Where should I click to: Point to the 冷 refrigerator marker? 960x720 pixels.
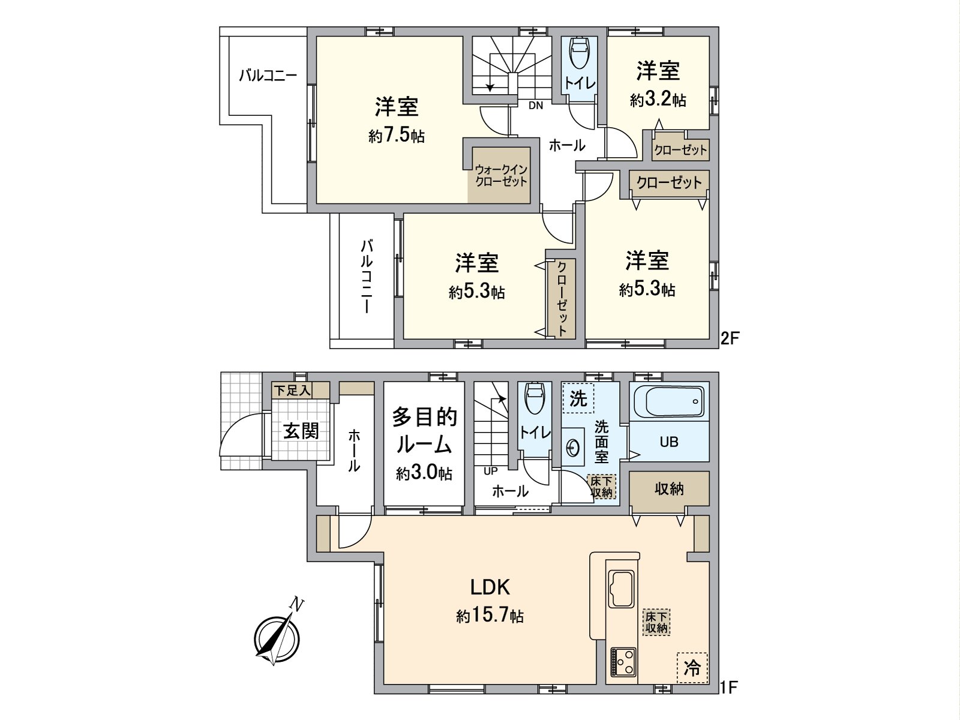coord(692,668)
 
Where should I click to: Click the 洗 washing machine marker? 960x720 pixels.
coord(578,398)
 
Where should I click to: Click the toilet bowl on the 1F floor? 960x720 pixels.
coord(534,398)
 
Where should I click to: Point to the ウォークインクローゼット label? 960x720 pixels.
coord(501,176)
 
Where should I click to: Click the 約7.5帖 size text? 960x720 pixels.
coord(396,136)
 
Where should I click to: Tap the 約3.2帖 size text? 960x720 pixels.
coord(658,100)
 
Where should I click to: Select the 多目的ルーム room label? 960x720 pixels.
coord(424,431)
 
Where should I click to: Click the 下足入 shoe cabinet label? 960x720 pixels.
coord(292,391)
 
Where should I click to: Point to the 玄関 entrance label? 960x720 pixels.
coord(301,430)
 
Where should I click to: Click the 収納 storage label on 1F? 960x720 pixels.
coord(669,488)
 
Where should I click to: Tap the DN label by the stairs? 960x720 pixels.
coord(536,106)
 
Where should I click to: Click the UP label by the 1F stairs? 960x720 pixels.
coord(491,471)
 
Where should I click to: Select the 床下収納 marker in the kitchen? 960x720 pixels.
coord(656,622)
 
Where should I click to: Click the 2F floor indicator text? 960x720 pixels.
coord(728,338)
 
